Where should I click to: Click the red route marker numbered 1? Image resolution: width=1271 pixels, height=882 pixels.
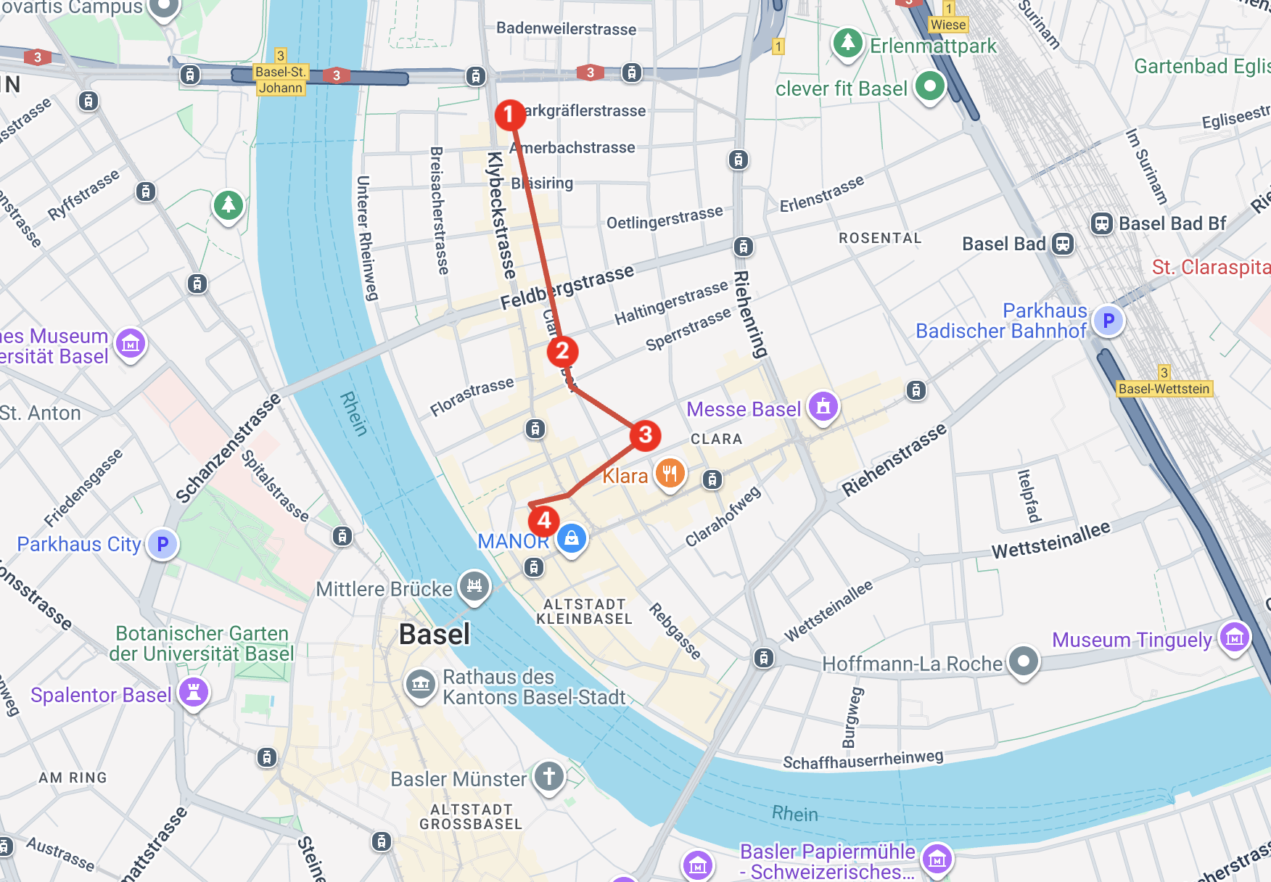[x=509, y=115]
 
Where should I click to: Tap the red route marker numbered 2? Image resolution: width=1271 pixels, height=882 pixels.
[x=562, y=351]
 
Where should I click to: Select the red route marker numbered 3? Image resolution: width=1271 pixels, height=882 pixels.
[x=645, y=435]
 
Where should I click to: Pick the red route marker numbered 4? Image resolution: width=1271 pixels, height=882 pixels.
[x=544, y=520]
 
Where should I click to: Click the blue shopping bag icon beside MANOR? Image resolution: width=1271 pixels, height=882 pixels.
[x=572, y=538]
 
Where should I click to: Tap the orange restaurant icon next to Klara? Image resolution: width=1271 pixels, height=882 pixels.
[x=670, y=474]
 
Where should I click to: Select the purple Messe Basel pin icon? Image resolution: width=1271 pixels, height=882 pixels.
[x=823, y=406]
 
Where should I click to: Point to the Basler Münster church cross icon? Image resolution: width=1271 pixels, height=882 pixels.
[x=549, y=776]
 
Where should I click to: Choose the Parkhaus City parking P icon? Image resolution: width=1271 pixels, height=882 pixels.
[x=163, y=543]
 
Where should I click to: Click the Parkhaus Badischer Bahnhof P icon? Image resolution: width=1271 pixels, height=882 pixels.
[x=1108, y=320]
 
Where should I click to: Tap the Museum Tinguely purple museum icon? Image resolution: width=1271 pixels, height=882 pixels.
[x=1234, y=638]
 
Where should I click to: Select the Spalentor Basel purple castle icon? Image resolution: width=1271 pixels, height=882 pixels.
[x=194, y=692]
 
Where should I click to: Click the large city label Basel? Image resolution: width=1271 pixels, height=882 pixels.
[x=435, y=635]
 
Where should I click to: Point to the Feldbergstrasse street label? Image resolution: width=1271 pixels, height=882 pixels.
[x=567, y=287]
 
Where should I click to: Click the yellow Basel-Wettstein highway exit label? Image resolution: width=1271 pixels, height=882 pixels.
[x=1164, y=389]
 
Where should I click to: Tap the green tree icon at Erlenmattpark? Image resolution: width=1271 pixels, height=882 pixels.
[x=847, y=42]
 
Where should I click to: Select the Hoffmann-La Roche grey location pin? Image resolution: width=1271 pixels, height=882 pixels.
[x=1023, y=661]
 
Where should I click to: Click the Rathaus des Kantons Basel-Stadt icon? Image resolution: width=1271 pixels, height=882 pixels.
[x=421, y=684]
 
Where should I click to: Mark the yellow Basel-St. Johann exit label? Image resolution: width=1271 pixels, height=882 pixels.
[x=281, y=80]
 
